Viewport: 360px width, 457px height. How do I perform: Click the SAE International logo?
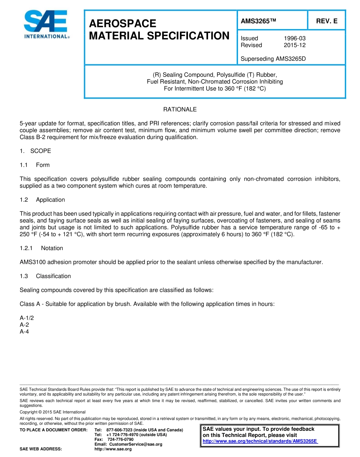pos(46,24)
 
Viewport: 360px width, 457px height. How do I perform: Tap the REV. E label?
pos(327,21)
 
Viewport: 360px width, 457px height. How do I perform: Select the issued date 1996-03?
pos(294,38)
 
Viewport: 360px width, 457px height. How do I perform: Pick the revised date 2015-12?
pos(294,45)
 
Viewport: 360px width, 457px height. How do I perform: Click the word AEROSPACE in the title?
pos(122,23)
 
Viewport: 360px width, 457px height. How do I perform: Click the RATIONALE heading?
pos(180,110)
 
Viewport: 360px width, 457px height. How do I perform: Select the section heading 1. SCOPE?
pos(35,151)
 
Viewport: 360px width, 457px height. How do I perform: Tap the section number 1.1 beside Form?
pos(24,165)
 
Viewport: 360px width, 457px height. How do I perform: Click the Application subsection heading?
pos(50,200)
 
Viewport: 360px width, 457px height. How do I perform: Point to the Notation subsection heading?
pos(52,248)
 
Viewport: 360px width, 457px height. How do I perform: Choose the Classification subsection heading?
pos(53,276)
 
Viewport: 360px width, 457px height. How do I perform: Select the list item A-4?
pos(24,332)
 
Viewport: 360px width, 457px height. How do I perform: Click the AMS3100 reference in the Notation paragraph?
pos(33,262)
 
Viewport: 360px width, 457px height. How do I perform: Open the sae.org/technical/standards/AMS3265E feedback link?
pos(260,441)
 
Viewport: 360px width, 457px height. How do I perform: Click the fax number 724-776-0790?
pos(121,439)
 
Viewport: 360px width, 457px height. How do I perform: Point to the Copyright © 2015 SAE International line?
pos(53,412)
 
